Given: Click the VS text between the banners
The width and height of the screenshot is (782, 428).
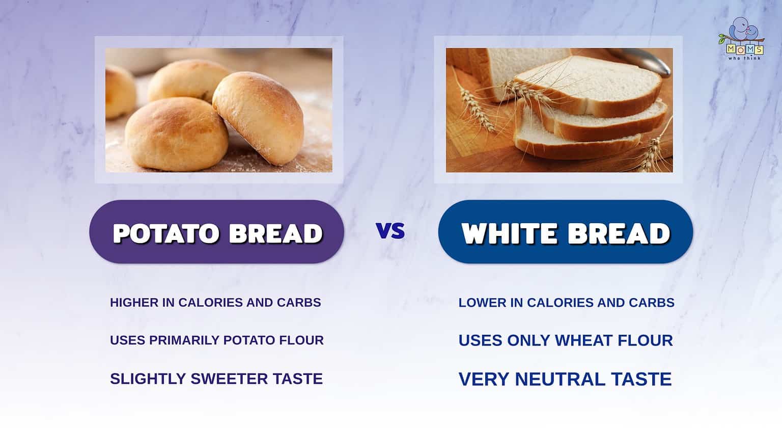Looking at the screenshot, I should click(x=390, y=231).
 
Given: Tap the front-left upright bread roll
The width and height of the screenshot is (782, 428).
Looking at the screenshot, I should click(x=176, y=133).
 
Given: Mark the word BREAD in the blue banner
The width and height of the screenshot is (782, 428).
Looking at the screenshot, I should click(x=618, y=233).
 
